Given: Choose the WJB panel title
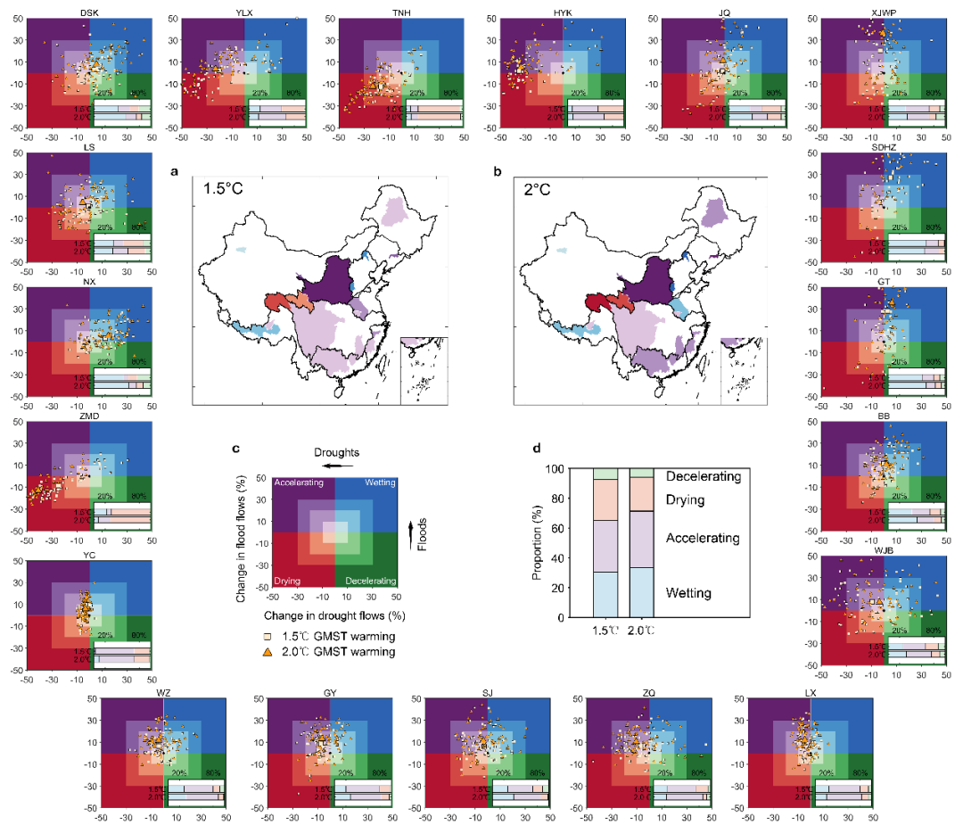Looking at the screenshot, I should coord(883,550).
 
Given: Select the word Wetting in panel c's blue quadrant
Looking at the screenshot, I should coord(376,482).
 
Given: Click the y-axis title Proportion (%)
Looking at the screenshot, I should coord(537,544).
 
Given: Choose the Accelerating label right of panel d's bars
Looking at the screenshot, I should coord(704,539).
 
